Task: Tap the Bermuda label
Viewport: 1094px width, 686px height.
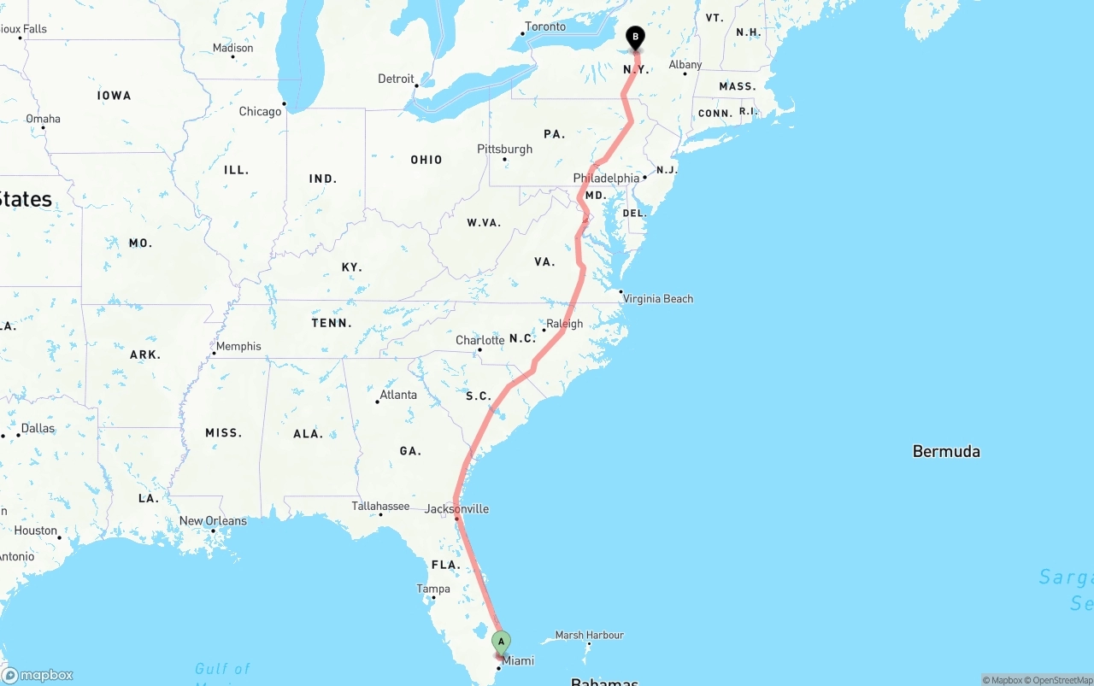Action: [x=946, y=451]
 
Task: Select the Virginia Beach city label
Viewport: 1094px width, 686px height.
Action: [x=657, y=299]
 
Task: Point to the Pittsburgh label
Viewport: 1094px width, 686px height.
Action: [x=504, y=149]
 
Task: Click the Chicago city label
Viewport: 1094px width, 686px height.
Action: [x=260, y=111]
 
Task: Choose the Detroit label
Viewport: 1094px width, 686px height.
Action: [x=396, y=79]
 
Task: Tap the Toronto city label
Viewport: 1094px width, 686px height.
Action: [x=545, y=26]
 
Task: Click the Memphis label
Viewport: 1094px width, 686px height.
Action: [x=238, y=346]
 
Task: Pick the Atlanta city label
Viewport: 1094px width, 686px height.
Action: [x=398, y=395]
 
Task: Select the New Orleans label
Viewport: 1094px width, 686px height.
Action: [x=213, y=520]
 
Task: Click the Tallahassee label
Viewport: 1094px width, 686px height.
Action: [x=380, y=506]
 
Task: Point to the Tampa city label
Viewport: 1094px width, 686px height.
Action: [x=432, y=589]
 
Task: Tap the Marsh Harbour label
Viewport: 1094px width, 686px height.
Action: [x=589, y=635]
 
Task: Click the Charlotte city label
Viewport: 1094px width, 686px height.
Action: [x=479, y=340]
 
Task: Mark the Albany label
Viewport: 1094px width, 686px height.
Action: [x=685, y=64]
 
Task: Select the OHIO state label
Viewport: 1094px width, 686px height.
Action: [x=426, y=160]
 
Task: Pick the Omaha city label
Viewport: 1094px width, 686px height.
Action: [x=43, y=119]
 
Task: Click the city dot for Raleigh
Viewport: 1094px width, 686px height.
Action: [x=544, y=330]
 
